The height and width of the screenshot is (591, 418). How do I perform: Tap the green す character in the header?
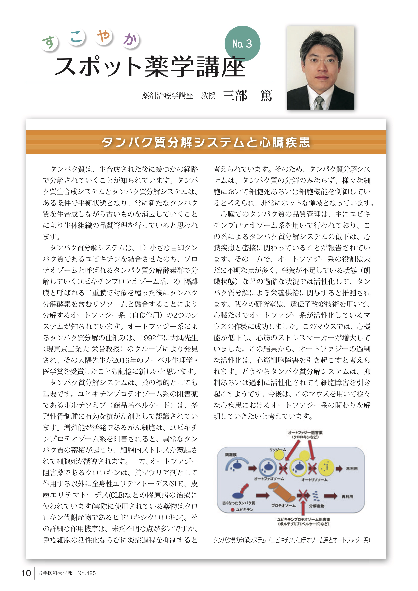click(x=49, y=42)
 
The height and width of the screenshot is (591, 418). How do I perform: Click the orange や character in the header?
click(x=104, y=36)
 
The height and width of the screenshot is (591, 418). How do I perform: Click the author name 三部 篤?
click(x=247, y=96)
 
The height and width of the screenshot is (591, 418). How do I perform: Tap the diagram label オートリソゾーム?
click(x=314, y=480)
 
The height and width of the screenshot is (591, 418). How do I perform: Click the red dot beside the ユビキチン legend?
click(x=232, y=510)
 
